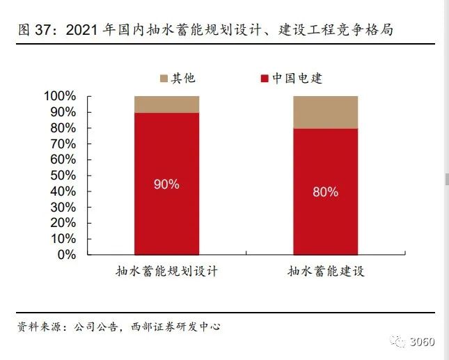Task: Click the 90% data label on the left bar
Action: (167, 185)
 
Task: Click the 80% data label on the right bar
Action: (325, 192)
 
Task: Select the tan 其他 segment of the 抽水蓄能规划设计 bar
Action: (167, 104)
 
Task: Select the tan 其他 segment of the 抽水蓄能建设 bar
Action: (325, 111)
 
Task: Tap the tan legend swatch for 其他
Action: (164, 78)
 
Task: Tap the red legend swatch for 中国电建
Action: (265, 78)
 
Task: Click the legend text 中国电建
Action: (297, 78)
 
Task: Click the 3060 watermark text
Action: (421, 341)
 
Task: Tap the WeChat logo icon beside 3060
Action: (399, 341)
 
